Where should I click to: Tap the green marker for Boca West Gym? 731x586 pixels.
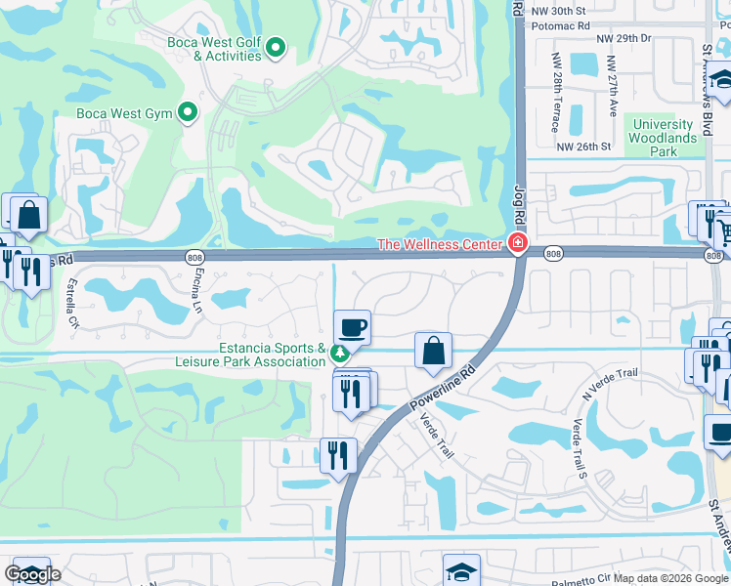pos(188,113)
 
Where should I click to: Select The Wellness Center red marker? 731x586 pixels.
pos(517,244)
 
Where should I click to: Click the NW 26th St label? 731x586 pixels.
pos(583,147)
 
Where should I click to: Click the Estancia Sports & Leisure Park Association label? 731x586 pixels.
pos(272,355)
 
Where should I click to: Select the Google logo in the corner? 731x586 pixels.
pos(31,573)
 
